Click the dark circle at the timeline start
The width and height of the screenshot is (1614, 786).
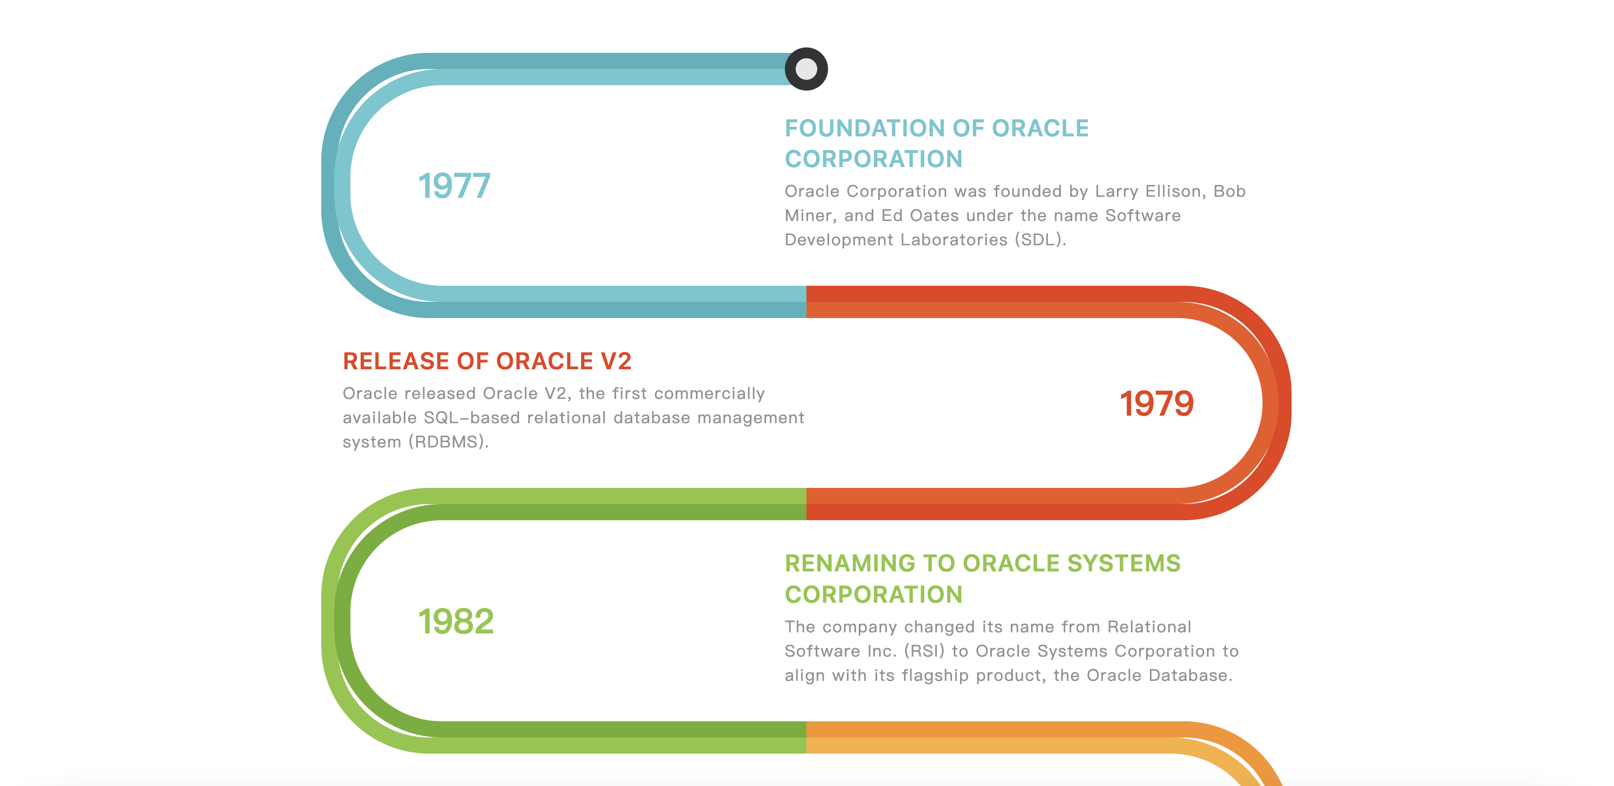click(x=806, y=69)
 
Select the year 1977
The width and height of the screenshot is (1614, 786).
click(x=454, y=186)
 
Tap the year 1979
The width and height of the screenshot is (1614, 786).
click(x=1157, y=403)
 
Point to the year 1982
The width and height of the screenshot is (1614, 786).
click(x=456, y=621)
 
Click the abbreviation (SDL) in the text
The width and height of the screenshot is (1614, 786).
click(x=1040, y=239)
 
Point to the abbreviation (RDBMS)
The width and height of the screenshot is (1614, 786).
click(x=448, y=442)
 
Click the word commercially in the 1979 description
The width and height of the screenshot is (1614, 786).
click(x=709, y=394)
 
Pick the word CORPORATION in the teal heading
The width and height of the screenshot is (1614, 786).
click(x=873, y=159)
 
